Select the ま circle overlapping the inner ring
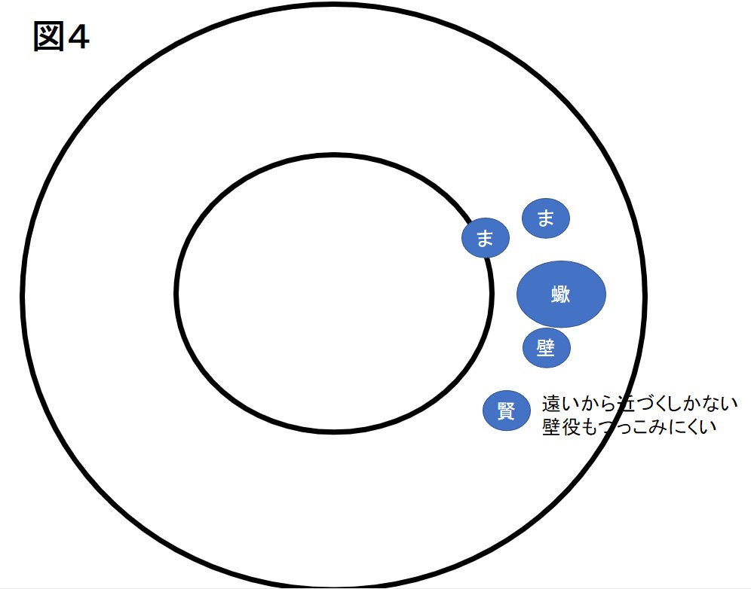485,239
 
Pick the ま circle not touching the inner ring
545,218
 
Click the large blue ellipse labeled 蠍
561,294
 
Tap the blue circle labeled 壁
546,348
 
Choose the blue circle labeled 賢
505,410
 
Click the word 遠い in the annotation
562,404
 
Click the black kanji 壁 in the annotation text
552,426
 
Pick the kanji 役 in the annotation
572,426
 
